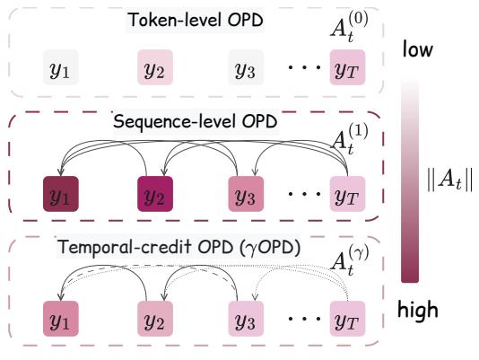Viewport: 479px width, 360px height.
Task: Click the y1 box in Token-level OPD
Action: (61, 67)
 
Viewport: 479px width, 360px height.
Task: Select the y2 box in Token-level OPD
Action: (155, 67)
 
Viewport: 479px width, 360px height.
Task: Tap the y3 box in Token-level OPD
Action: (246, 67)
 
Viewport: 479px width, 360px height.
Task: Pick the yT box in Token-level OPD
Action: (348, 67)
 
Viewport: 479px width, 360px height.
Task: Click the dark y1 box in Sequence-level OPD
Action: (61, 194)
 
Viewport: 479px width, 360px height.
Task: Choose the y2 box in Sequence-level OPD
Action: (155, 194)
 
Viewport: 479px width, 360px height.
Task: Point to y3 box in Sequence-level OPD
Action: (246, 194)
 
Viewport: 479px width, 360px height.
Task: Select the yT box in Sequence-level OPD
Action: (348, 194)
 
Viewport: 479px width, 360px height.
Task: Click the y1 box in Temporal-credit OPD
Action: (61, 319)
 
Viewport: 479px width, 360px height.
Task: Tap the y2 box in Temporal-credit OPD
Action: (155, 319)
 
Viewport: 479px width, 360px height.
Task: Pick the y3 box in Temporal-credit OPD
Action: (246, 319)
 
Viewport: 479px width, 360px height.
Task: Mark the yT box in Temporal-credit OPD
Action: (348, 319)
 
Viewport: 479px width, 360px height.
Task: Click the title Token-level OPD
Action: (196, 20)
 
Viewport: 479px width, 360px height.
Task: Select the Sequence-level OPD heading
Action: (196, 122)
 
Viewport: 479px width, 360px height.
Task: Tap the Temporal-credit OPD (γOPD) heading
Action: (179, 247)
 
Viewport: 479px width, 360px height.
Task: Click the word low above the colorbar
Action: (418, 49)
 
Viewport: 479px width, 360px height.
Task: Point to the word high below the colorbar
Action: (418, 310)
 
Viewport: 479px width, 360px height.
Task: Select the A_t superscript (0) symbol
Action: (350, 27)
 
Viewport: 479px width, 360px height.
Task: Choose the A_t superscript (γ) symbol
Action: (350, 260)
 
